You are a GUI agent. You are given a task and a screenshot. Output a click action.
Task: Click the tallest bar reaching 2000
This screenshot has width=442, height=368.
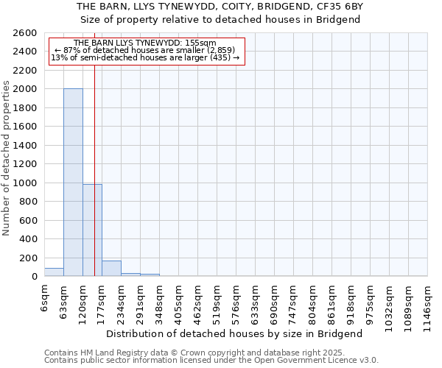coord(73,183)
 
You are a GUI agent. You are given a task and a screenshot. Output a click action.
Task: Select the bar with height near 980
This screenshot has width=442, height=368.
coord(92,230)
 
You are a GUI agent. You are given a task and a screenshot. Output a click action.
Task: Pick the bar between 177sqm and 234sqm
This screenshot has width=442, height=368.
coord(111,269)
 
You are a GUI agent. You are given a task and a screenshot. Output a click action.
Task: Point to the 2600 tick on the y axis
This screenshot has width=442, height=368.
coord(26,33)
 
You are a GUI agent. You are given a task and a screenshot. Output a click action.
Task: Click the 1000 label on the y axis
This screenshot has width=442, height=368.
coord(26,183)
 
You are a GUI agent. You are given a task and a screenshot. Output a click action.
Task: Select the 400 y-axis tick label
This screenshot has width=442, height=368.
coord(29,239)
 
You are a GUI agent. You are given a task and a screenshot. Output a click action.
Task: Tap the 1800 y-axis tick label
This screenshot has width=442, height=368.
coord(26,108)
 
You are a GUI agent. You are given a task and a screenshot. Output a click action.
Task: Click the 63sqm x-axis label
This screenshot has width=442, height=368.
coord(64,300)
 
